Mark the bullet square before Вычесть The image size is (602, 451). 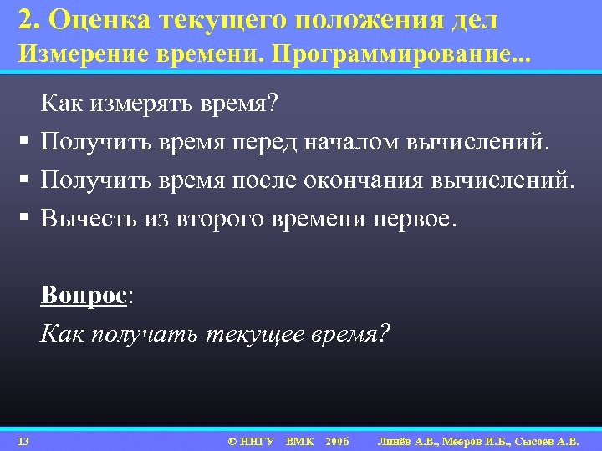click(x=18, y=219)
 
